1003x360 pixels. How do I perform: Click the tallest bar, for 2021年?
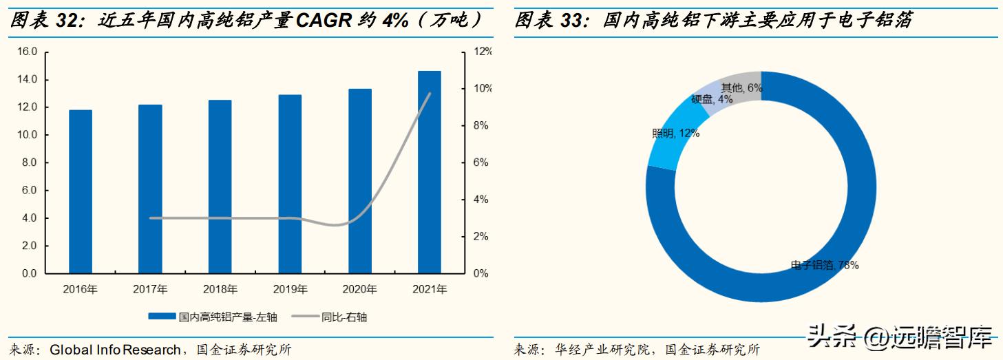click(429, 172)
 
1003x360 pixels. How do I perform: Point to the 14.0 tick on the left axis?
click(28, 80)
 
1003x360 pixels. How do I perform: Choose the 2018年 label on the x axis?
click(220, 289)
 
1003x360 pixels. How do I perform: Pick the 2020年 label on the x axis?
click(359, 289)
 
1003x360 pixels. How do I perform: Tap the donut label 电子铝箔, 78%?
click(824, 265)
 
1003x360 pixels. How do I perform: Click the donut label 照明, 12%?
click(676, 134)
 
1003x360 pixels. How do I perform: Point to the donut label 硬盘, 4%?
click(712, 100)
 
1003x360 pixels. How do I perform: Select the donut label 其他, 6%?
click(741, 87)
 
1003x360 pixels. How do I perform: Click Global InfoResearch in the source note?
click(115, 350)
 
